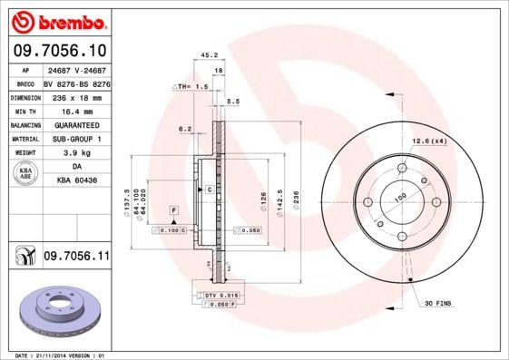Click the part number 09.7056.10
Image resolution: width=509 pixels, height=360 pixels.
pyautogui.click(x=59, y=52)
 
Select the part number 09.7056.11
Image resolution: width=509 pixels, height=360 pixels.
pyautogui.click(x=76, y=258)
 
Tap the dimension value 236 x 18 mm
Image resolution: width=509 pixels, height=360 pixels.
pyautogui.click(x=75, y=96)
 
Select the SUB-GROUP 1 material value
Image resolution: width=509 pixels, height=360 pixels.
pyautogui.click(x=76, y=139)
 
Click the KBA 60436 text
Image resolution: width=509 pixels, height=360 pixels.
pyautogui.click(x=76, y=181)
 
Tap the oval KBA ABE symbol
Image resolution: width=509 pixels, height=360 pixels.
pyautogui.click(x=26, y=174)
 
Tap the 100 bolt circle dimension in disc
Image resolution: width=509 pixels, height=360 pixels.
pyautogui.click(x=400, y=194)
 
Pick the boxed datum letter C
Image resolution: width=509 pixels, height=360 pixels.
pyautogui.click(x=208, y=190)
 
